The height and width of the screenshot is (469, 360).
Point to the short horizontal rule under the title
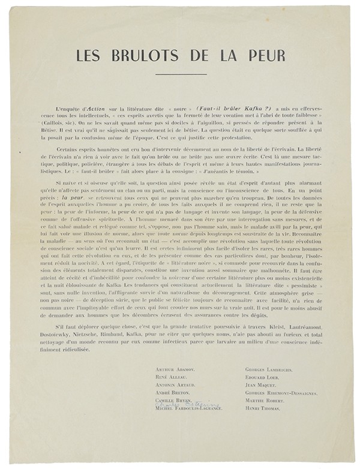[180, 74]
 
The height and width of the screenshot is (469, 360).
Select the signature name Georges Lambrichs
[269, 369]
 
